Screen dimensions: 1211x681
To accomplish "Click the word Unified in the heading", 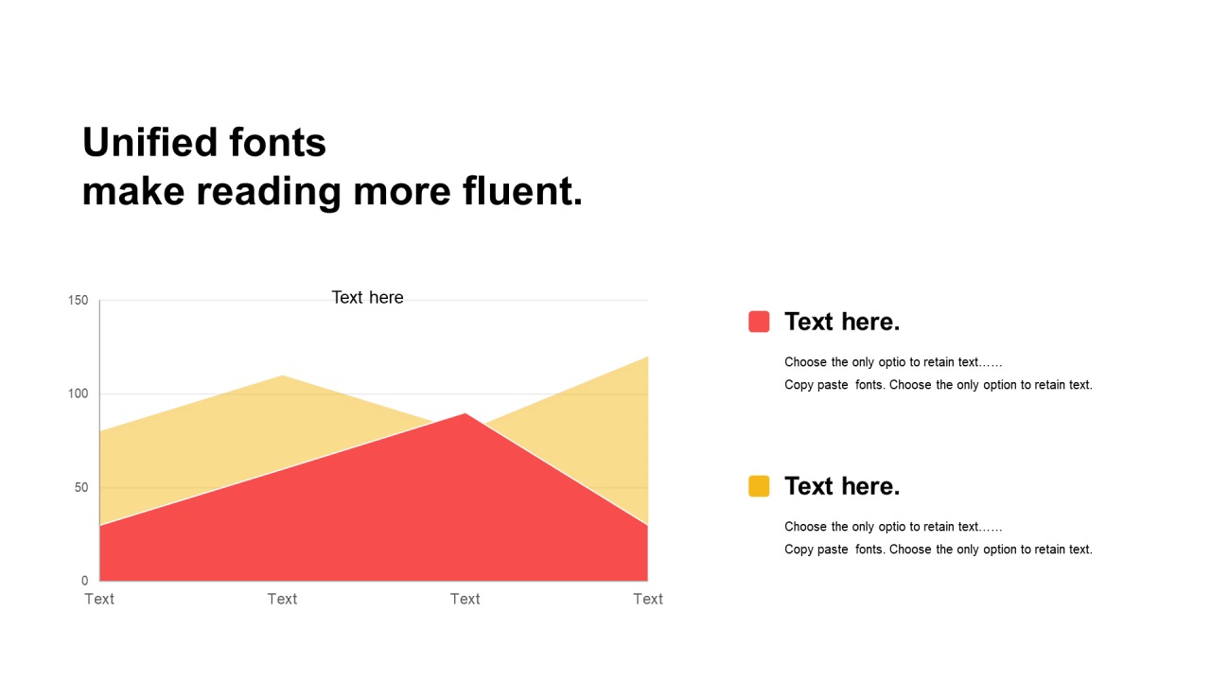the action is [149, 142].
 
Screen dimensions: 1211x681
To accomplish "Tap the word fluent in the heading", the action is [522, 191].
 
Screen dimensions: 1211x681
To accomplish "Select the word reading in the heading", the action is [269, 193].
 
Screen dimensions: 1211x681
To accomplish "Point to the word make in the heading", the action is [133, 191].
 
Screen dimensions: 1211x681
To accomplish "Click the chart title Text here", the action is [368, 297].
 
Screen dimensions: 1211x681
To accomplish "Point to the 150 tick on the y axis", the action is [78, 301].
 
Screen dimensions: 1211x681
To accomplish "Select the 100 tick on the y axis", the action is [78, 394].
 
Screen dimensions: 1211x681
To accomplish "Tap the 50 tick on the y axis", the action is [81, 487].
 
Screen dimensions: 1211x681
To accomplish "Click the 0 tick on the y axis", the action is [85, 581].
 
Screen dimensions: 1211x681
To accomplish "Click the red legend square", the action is [759, 322].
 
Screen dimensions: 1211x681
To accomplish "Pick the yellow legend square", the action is [759, 486].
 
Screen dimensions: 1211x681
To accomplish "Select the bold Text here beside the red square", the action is [842, 322].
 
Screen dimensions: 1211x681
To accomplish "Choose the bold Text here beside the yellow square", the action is [842, 486].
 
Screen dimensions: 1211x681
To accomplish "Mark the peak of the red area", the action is [465, 414].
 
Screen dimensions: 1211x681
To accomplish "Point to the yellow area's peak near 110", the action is [282, 375].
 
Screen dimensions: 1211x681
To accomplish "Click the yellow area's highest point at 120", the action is [647, 358].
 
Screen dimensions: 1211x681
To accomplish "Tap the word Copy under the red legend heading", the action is [799, 385].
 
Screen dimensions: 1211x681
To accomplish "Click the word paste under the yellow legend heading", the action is [833, 550].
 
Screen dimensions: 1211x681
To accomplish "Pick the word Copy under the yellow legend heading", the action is [799, 550].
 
